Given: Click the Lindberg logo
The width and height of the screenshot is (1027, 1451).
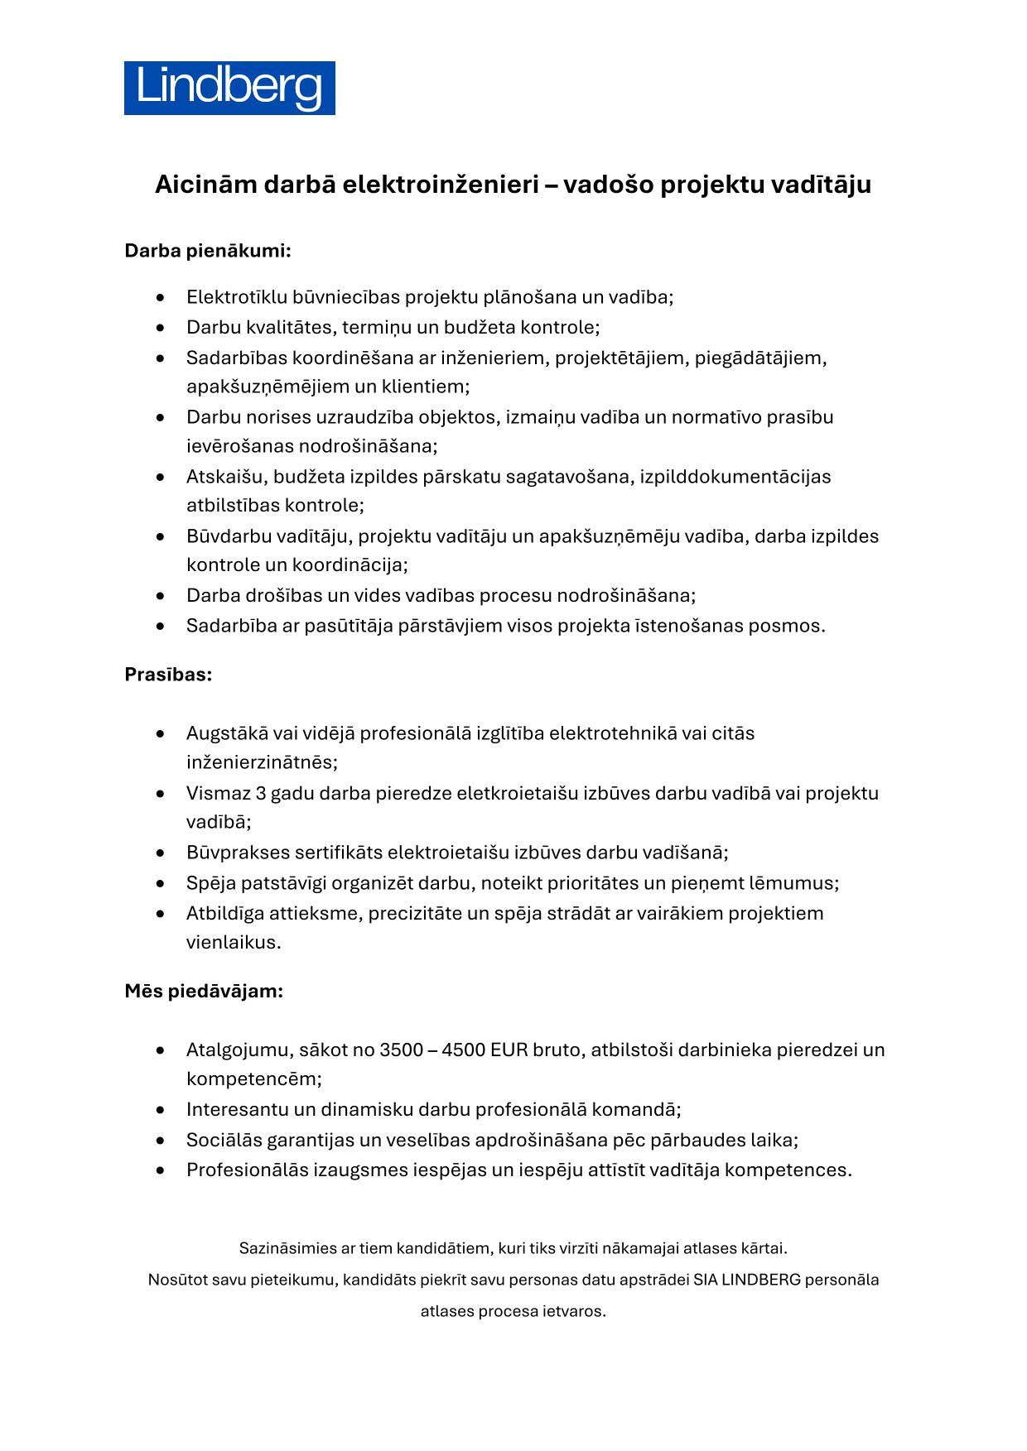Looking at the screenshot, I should coord(229,88).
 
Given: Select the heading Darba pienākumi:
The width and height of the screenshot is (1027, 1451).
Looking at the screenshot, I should coord(208,250).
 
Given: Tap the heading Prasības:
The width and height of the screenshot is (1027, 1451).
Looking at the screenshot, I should coord(168,675).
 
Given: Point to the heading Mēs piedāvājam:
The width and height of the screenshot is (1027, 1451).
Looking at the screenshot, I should coord(204,991).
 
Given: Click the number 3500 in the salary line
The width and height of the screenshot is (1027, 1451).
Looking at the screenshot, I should coord(402,1050).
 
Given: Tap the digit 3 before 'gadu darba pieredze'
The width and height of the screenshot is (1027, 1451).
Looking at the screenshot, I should coord(261,793).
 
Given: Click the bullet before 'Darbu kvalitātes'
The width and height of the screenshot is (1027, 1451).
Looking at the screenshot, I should coord(160,328).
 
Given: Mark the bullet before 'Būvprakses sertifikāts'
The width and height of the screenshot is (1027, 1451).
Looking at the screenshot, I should coord(160,853).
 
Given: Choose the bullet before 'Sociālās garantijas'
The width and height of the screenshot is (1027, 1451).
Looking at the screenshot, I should coord(160,1141).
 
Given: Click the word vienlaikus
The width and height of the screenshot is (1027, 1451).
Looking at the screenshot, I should coord(233,942).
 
